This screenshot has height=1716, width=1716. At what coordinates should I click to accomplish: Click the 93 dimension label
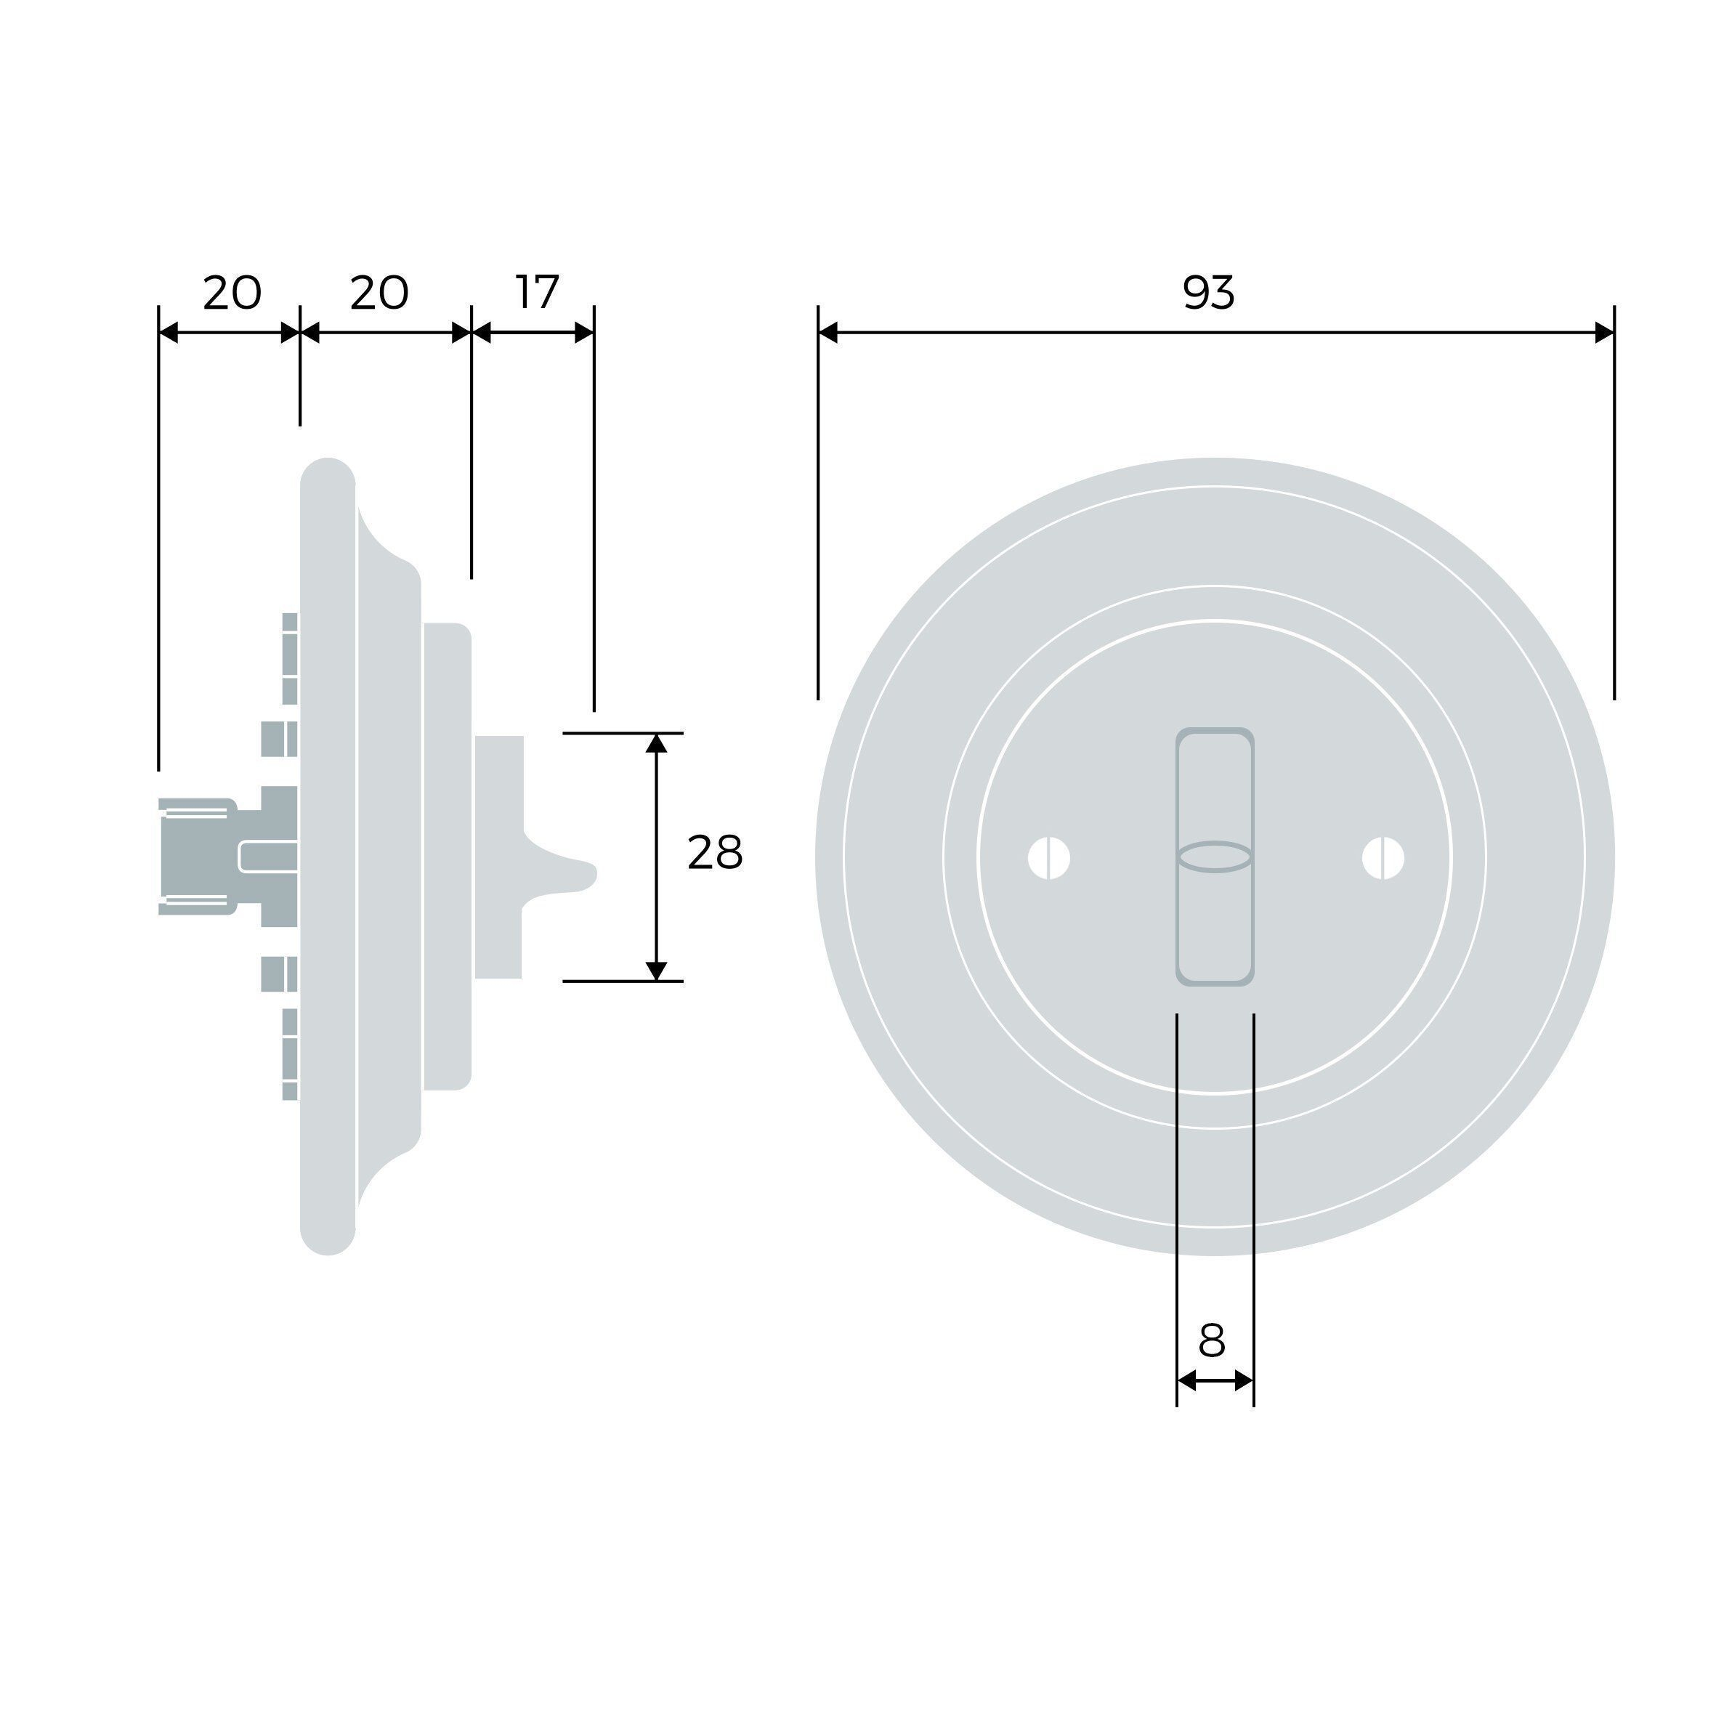(x=1209, y=292)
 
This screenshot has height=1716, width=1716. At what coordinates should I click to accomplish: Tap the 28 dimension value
(x=715, y=853)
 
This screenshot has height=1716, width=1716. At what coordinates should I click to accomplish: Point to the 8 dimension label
(x=1213, y=1340)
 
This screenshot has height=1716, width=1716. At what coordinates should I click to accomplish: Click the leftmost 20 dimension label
(x=232, y=292)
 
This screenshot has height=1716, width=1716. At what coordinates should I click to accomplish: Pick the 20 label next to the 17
(x=379, y=292)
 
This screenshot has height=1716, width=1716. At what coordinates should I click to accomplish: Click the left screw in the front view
(x=1049, y=858)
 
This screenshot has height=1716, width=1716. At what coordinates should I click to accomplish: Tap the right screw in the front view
(x=1383, y=858)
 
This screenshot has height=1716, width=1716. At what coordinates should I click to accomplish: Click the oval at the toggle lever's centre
(x=1214, y=857)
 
